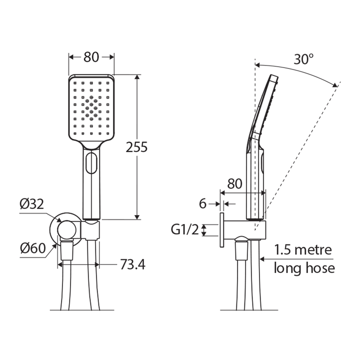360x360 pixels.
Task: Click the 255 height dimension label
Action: (x=136, y=147)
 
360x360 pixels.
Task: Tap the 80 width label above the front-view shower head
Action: (x=91, y=57)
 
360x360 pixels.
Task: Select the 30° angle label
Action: (x=303, y=59)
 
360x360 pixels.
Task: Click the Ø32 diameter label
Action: (x=32, y=203)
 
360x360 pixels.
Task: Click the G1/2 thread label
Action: (x=184, y=229)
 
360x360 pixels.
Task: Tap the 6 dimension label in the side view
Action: (x=202, y=203)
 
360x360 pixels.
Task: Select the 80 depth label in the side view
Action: (x=235, y=183)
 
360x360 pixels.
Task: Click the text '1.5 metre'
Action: (x=303, y=249)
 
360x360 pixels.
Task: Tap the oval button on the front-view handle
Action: (x=91, y=163)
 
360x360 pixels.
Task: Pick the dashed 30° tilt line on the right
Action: (x=300, y=150)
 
